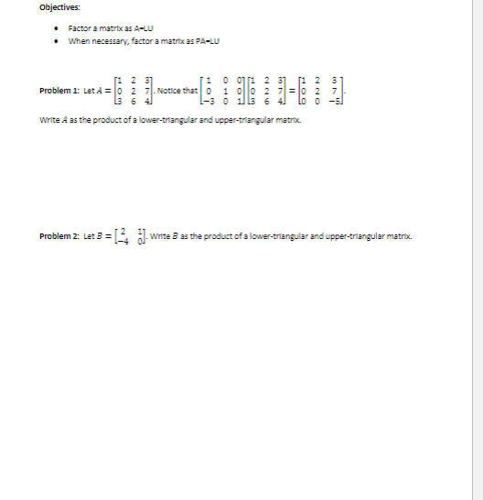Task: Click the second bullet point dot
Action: pos(59,39)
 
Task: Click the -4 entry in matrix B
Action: pos(116,241)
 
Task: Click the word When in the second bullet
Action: pos(78,39)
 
